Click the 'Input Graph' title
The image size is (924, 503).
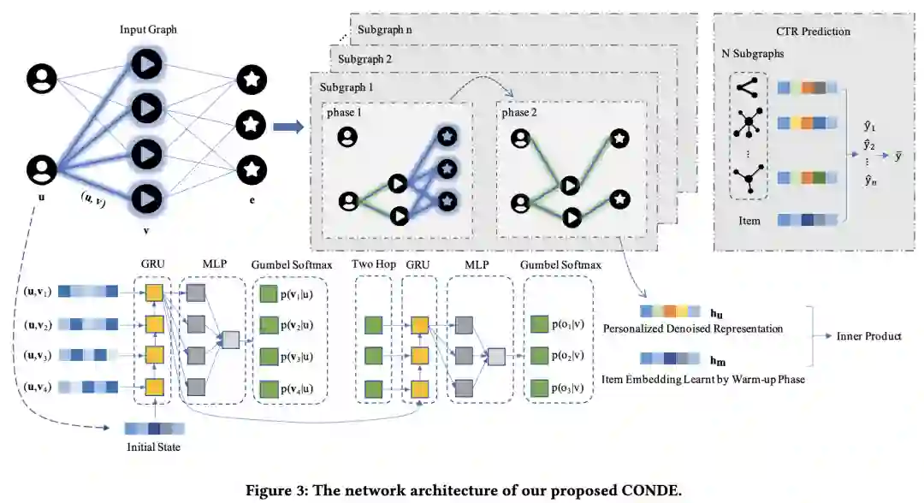148,29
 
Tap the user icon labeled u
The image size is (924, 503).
41,169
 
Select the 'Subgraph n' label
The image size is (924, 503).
384,29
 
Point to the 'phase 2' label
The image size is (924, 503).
519,113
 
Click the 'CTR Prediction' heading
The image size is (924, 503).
814,31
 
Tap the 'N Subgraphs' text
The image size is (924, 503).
753,54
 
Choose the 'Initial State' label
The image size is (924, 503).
153,447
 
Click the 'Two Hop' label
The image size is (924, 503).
374,264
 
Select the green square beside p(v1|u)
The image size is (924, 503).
269,294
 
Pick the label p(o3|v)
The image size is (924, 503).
567,388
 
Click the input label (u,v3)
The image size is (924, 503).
38,355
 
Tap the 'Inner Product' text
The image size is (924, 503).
868,336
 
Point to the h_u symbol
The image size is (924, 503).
716,314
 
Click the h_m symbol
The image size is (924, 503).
717,361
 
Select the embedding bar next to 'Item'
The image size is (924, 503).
808,221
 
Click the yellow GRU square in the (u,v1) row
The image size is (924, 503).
154,293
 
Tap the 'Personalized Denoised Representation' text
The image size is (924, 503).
693,328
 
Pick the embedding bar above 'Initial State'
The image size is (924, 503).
154,429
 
